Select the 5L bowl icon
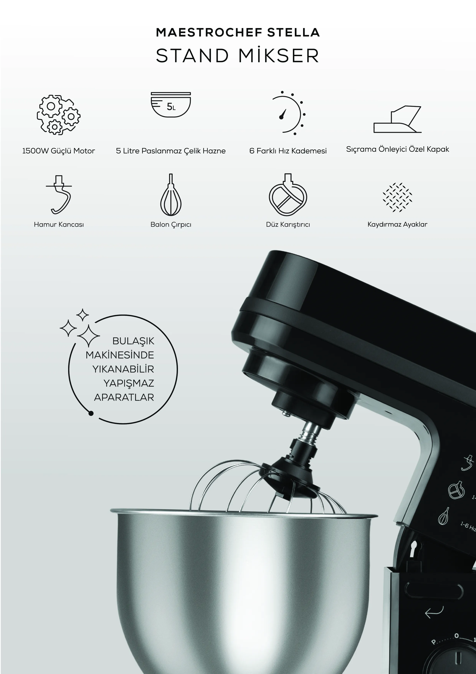click(x=171, y=104)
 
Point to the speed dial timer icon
click(x=289, y=113)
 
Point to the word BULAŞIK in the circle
click(x=133, y=341)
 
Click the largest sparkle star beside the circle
click(x=88, y=336)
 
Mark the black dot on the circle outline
click(x=91, y=413)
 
